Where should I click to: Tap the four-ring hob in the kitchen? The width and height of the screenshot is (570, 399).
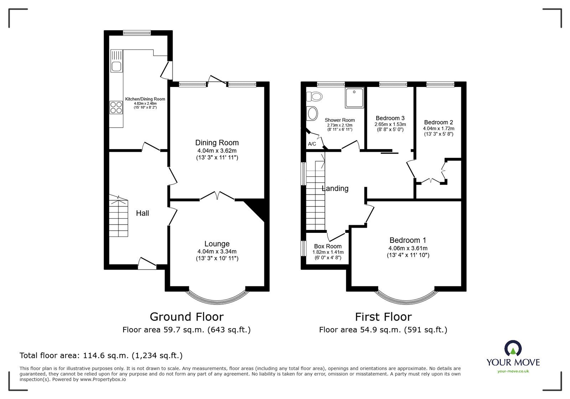point(116,107)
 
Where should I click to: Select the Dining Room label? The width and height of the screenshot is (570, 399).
point(217,143)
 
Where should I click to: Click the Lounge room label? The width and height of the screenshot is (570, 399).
point(217,244)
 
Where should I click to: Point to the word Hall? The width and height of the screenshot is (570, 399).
point(142,213)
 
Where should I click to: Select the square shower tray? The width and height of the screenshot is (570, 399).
point(354,98)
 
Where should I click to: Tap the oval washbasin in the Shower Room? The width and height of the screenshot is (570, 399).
point(312,114)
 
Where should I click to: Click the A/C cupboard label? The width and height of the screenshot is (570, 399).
point(312,144)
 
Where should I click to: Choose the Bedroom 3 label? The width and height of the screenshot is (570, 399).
point(390,118)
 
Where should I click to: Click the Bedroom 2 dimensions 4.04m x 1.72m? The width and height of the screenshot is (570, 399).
point(439,128)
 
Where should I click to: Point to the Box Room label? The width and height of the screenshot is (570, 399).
point(327,246)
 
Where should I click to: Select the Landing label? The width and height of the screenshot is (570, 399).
point(335,189)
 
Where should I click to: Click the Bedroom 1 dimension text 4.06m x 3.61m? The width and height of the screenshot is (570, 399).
point(408,249)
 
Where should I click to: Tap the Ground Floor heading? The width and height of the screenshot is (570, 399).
point(187,317)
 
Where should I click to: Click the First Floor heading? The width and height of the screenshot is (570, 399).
point(383,317)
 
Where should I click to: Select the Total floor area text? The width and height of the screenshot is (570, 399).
point(101,355)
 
